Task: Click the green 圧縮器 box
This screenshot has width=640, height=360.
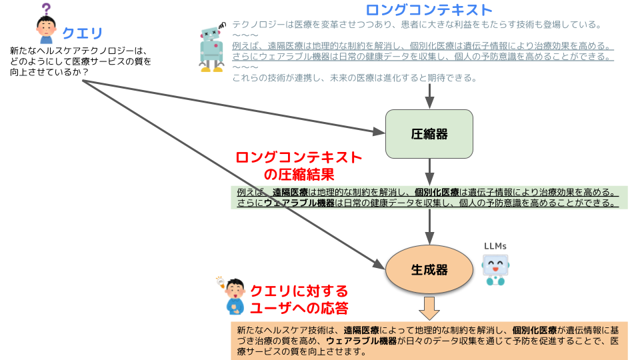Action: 429,133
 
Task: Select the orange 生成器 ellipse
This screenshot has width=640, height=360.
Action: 429,269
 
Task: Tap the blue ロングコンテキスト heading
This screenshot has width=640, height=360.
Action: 429,10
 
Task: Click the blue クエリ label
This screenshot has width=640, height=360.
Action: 83,33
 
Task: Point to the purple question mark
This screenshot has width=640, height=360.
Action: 46,9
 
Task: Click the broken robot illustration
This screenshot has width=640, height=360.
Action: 214,47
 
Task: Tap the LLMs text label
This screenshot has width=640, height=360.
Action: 495,246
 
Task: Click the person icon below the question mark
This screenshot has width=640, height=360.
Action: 46,30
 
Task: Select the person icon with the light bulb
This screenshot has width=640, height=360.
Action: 234,297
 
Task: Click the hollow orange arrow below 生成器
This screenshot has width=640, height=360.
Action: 429,308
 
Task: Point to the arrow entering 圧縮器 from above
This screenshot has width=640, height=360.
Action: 429,97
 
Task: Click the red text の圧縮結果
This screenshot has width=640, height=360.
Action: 299,175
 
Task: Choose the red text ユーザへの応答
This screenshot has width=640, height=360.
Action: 299,307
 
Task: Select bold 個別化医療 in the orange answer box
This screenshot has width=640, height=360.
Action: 533,329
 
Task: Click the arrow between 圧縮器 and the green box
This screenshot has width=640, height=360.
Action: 429,171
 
